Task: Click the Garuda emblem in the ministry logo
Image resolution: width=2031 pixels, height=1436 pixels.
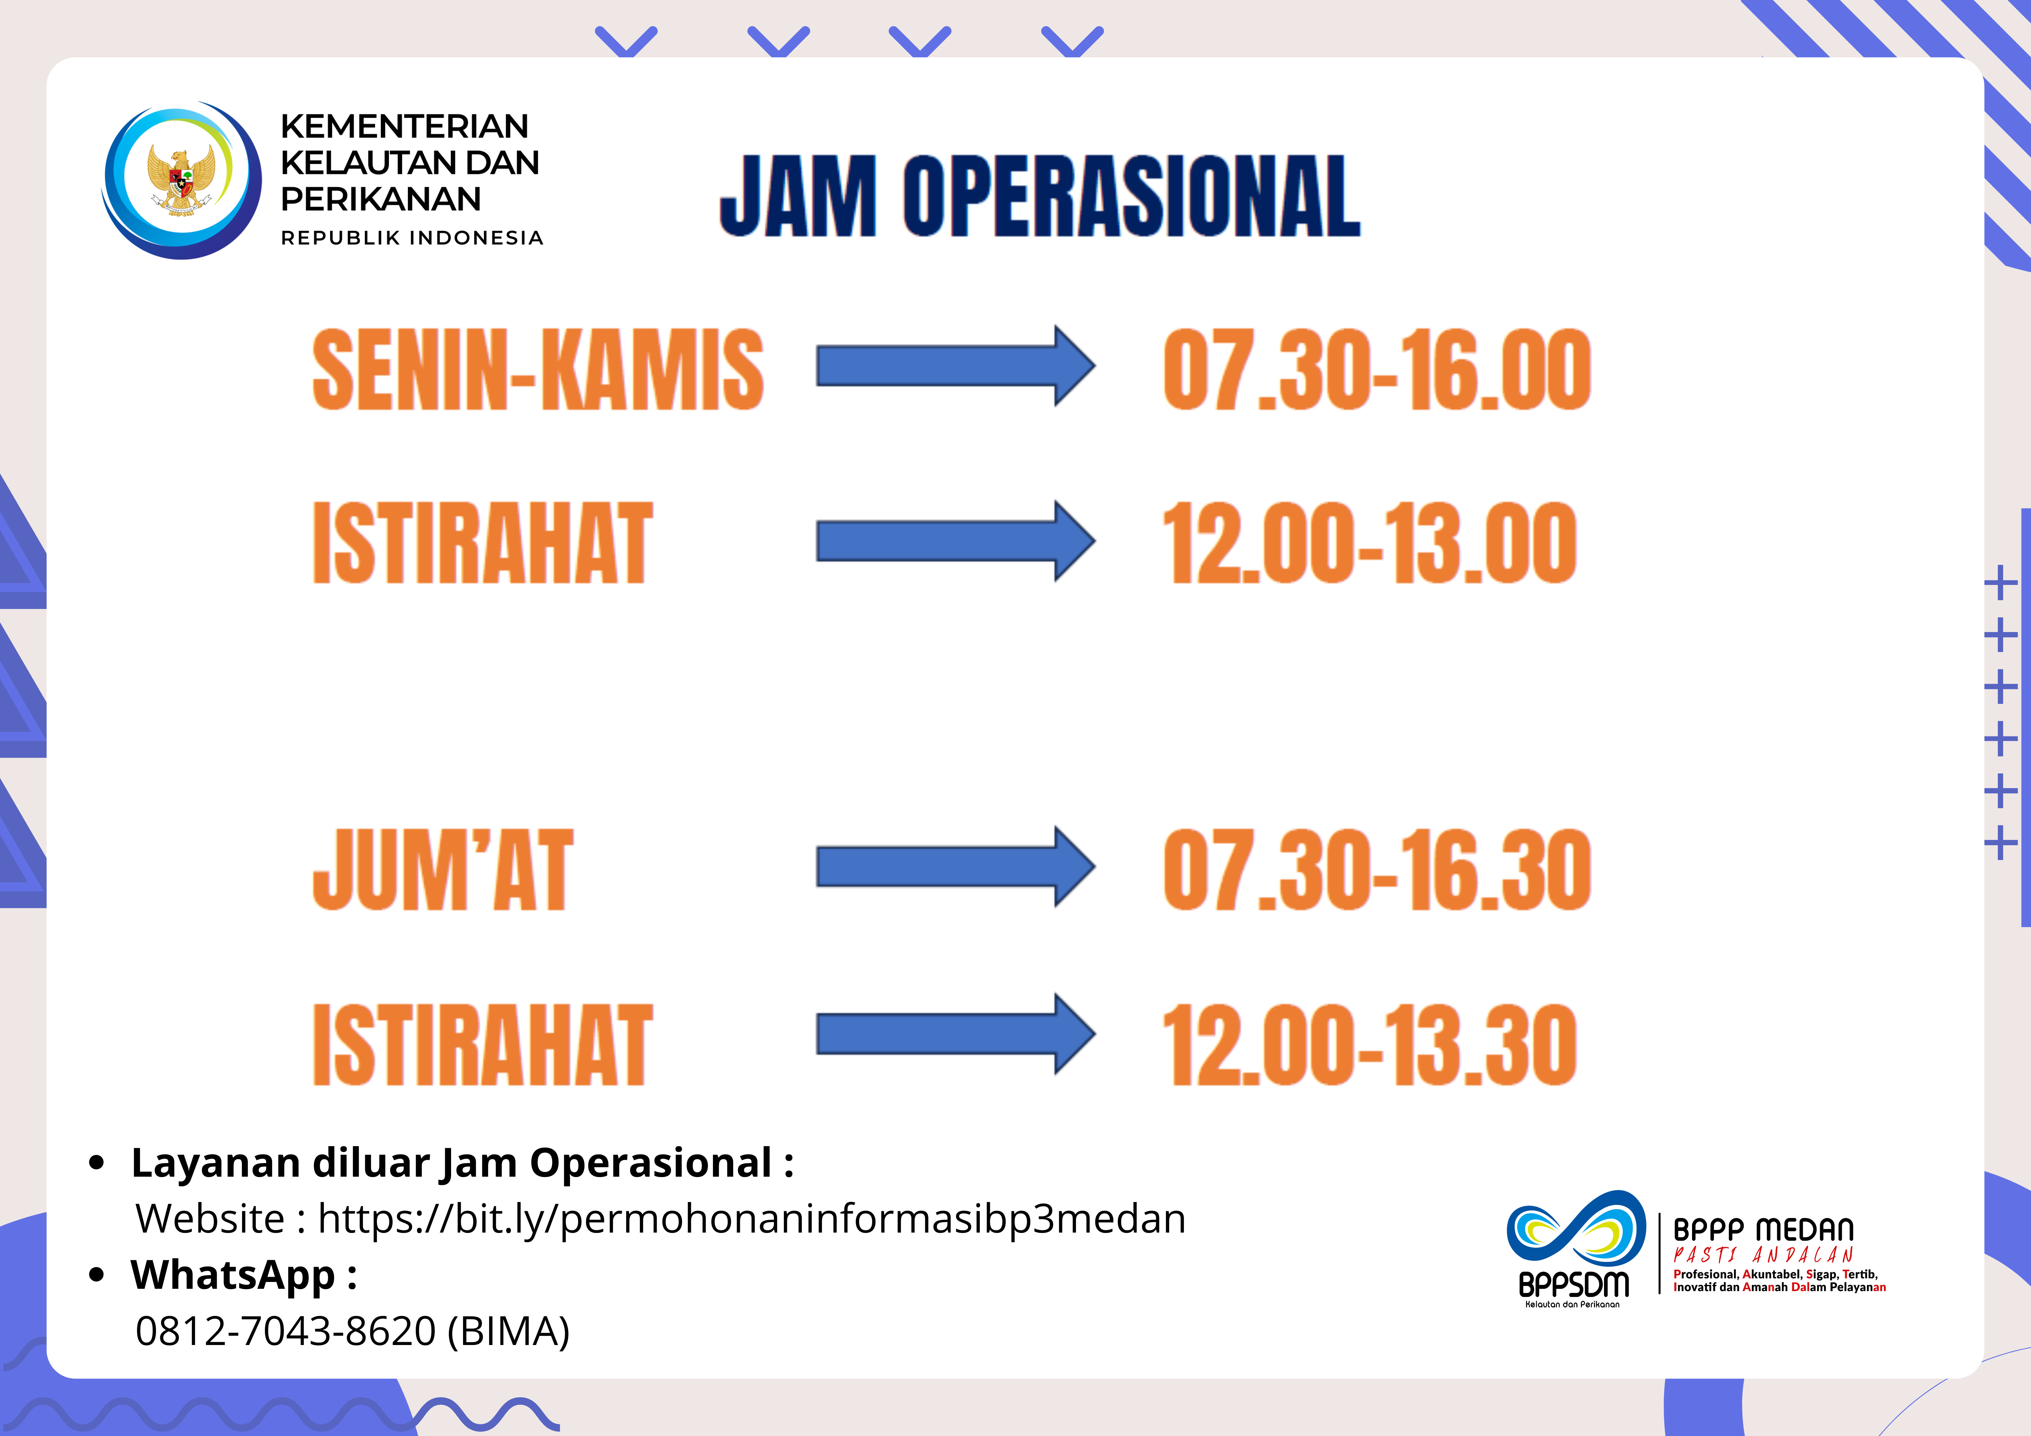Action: point(181,180)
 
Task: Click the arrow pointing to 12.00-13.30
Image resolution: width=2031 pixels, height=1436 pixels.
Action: point(955,1033)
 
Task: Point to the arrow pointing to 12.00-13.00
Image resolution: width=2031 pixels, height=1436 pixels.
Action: point(955,541)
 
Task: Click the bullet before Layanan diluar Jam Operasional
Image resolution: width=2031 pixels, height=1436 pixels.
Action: point(97,1163)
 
